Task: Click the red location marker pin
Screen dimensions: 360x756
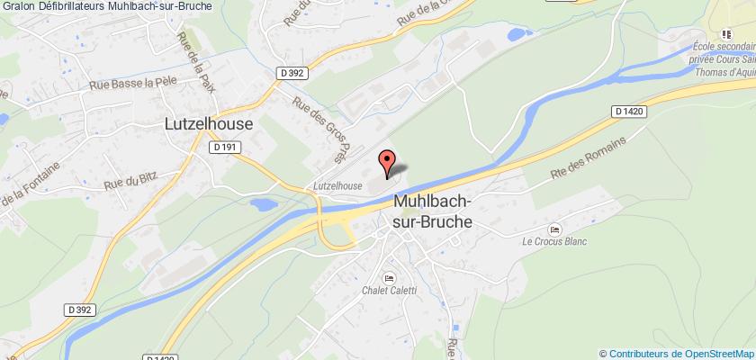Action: click(387, 162)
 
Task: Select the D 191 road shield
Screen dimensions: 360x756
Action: click(225, 147)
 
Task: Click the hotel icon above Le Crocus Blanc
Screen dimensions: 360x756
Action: click(555, 228)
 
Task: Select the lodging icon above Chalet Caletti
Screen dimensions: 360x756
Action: click(389, 276)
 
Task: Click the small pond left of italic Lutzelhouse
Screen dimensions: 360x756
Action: click(262, 203)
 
